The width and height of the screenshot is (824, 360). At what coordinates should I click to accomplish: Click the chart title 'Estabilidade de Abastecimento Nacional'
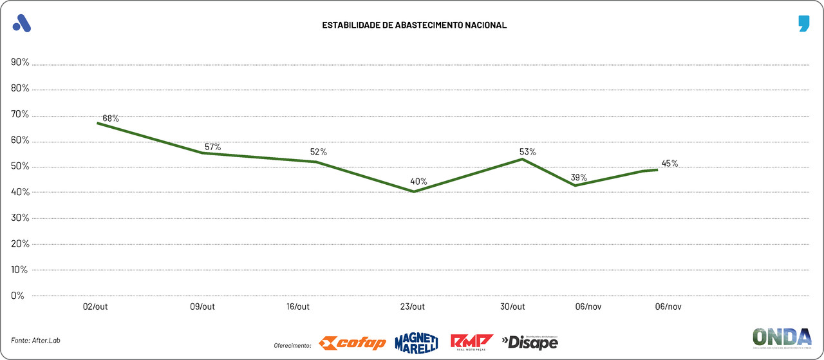pyautogui.click(x=414, y=25)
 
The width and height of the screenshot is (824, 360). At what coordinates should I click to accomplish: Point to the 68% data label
pyautogui.click(x=111, y=118)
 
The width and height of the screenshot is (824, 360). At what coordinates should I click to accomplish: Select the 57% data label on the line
pyautogui.click(x=212, y=147)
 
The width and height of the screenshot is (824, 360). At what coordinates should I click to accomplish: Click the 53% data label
pyautogui.click(x=528, y=152)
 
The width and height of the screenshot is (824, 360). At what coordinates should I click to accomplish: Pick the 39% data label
pyautogui.click(x=579, y=178)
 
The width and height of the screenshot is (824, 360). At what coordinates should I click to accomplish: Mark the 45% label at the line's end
pyautogui.click(x=669, y=164)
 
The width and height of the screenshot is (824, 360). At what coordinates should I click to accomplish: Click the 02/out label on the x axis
pyautogui.click(x=95, y=307)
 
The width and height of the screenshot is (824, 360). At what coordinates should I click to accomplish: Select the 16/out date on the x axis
pyautogui.click(x=298, y=307)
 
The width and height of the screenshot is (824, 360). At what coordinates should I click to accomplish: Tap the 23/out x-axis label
pyautogui.click(x=413, y=307)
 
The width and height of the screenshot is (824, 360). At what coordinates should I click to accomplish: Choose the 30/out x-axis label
pyautogui.click(x=513, y=307)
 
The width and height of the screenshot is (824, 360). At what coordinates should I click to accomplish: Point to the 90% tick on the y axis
pyautogui.click(x=20, y=62)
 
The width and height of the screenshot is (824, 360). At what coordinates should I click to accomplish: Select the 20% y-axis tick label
pyautogui.click(x=20, y=244)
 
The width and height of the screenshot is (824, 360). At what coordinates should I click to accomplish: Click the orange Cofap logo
pyautogui.click(x=353, y=343)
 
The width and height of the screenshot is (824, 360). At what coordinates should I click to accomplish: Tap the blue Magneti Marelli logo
pyautogui.click(x=417, y=343)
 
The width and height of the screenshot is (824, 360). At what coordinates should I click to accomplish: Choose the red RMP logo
pyautogui.click(x=471, y=342)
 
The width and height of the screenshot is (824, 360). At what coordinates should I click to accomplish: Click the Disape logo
pyautogui.click(x=530, y=342)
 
